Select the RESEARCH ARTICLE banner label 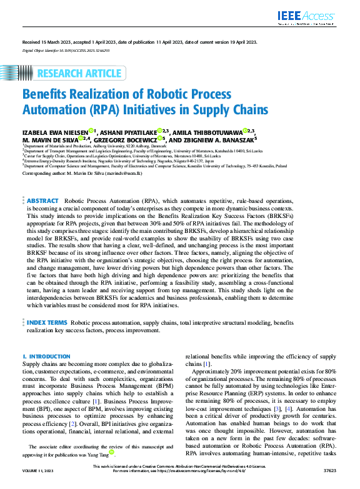(79, 74)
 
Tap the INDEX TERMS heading (47, 322)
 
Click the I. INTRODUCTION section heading (46, 356)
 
